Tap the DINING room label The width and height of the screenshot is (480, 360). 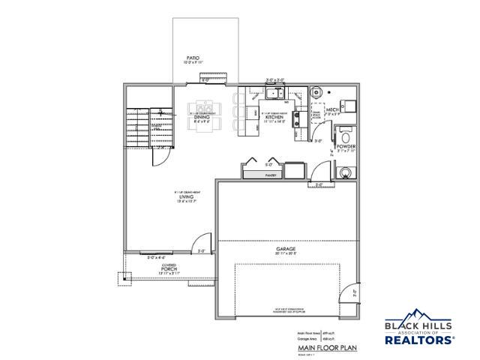click(x=202, y=117)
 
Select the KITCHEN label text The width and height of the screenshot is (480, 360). click(x=273, y=117)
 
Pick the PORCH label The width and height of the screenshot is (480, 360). click(x=168, y=269)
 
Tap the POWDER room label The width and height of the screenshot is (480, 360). click(x=346, y=147)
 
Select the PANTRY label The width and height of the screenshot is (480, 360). click(x=271, y=175)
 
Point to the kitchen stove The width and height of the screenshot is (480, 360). click(x=297, y=118)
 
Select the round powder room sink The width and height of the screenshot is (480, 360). click(x=344, y=172)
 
